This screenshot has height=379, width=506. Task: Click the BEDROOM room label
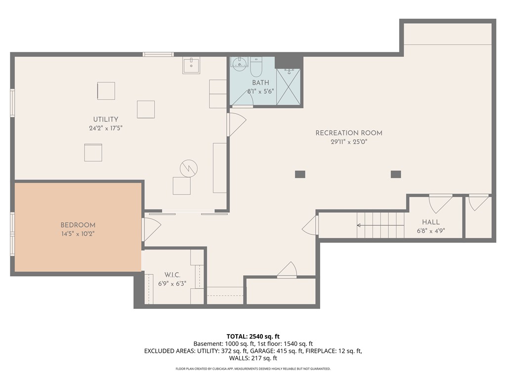point(78,225)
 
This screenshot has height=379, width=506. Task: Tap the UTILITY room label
point(106,119)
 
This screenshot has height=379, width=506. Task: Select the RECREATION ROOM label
point(349,133)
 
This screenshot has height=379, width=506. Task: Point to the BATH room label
point(260,82)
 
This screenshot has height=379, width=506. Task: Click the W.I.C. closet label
point(172,275)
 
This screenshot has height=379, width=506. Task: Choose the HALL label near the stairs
point(431,222)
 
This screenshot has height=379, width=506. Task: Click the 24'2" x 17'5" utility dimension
point(106,128)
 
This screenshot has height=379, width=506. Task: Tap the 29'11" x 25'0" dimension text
point(349,142)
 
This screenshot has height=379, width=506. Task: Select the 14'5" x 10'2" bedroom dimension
point(78,234)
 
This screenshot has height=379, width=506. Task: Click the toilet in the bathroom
point(256,66)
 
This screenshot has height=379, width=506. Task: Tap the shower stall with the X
point(289,87)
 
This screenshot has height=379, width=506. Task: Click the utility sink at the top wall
point(191,66)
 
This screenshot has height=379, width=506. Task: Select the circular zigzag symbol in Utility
point(189,168)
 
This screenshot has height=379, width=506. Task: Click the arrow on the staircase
point(380,225)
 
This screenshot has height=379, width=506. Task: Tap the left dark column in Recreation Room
point(300,174)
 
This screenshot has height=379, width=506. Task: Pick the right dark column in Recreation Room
point(396,174)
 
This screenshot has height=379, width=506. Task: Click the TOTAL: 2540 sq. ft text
point(253,337)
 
